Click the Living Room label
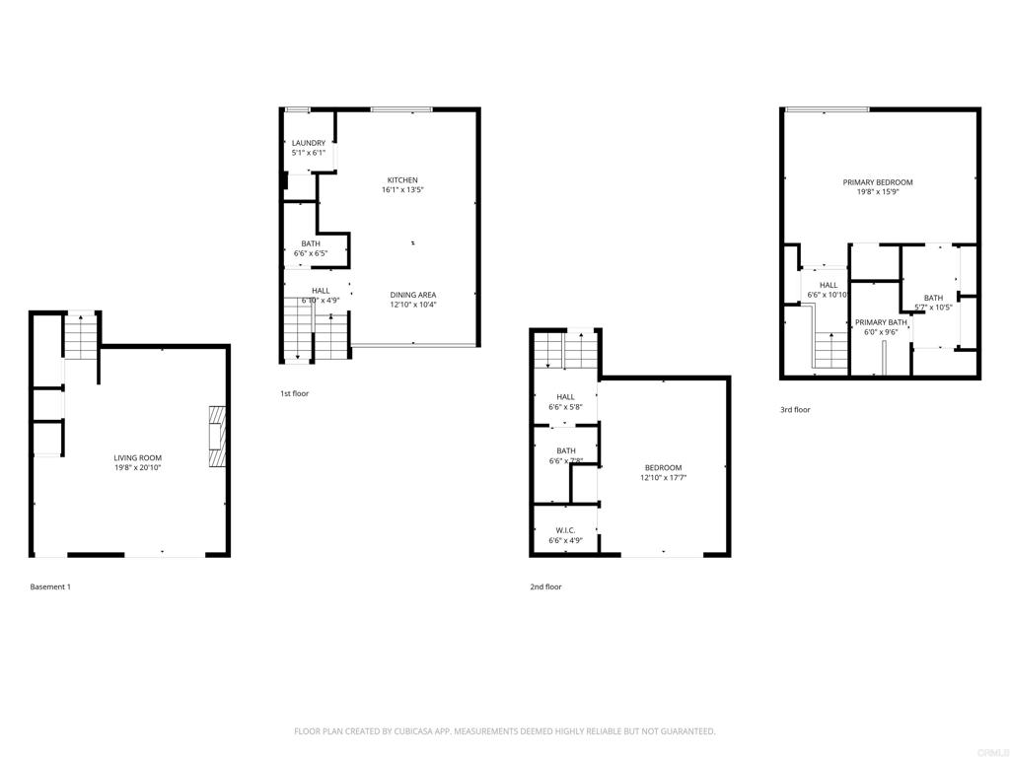click(137, 457)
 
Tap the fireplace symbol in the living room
click(217, 435)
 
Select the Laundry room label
click(308, 143)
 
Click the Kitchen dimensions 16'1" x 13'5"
click(402, 190)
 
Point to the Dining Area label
click(412, 295)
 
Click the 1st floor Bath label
click(311, 243)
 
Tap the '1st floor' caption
click(294, 393)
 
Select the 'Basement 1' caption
click(50, 586)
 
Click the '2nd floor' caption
click(545, 586)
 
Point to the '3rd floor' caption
click(794, 409)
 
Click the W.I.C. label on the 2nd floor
click(565, 530)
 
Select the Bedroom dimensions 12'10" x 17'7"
click(663, 478)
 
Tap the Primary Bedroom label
click(877, 182)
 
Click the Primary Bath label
click(881, 322)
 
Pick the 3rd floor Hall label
click(828, 285)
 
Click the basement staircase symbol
click(80, 335)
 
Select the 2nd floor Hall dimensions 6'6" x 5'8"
click(565, 407)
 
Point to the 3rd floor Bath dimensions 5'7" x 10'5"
click(932, 308)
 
